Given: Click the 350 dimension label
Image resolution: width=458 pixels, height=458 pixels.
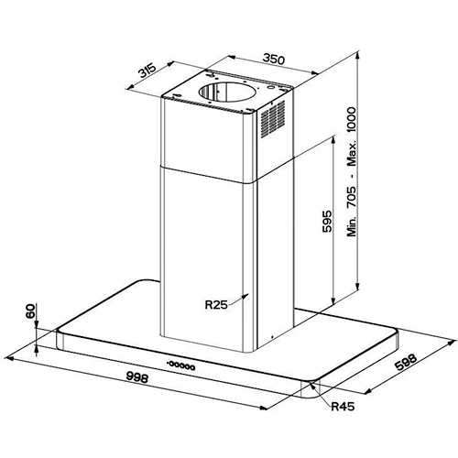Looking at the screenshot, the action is click(x=274, y=59).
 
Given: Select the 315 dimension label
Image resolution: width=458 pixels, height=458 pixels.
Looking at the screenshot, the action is click(x=147, y=71).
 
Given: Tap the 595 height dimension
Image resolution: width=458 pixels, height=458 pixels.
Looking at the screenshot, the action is click(x=327, y=221).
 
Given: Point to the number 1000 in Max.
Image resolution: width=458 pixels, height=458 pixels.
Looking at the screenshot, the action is click(x=352, y=119).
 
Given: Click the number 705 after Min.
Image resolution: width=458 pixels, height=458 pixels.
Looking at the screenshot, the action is click(x=352, y=197).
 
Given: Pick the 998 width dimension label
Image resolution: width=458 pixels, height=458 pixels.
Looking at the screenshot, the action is click(x=137, y=377).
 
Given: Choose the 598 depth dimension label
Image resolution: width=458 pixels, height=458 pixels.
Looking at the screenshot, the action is click(x=406, y=362).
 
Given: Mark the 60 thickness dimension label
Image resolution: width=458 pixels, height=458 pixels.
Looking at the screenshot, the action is click(x=30, y=311).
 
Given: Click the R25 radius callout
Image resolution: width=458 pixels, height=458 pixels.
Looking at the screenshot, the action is click(x=216, y=304).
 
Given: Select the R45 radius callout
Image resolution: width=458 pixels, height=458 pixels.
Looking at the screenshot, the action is click(x=343, y=406).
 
